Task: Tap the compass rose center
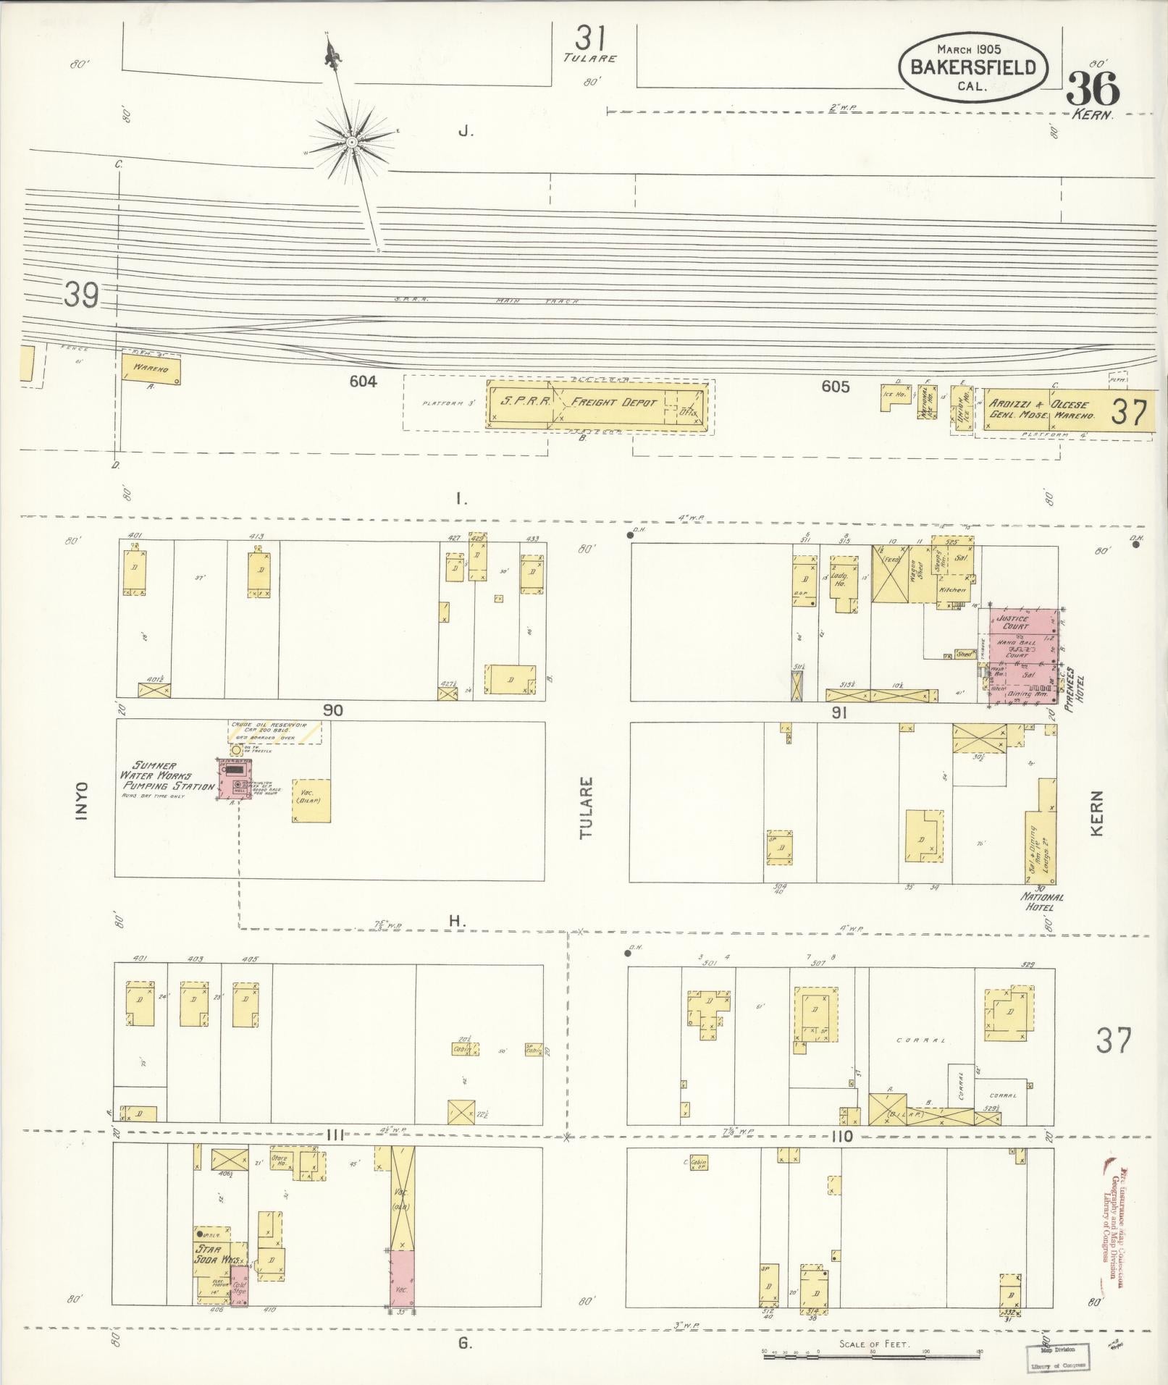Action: tap(351, 142)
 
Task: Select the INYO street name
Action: tap(82, 801)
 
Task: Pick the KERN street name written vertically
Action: tap(1096, 814)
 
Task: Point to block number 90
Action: tap(332, 711)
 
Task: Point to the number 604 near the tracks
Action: tap(363, 382)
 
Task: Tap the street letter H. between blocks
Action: tap(456, 921)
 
